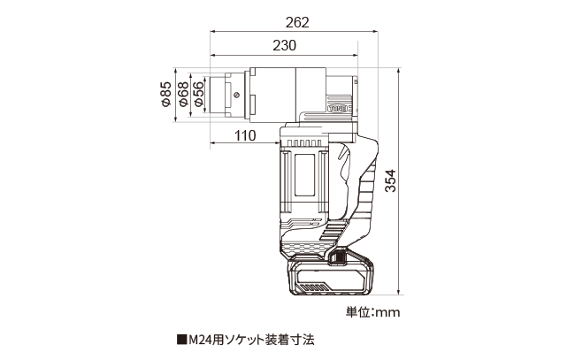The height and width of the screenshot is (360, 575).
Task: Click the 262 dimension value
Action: [297, 23]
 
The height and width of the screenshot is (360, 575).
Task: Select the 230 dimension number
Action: [285, 45]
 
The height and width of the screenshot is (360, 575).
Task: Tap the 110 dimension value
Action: [245, 135]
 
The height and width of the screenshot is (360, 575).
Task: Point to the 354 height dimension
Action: [391, 180]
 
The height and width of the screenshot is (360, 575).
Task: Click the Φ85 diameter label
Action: [166, 95]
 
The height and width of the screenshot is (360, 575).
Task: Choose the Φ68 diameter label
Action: [182, 95]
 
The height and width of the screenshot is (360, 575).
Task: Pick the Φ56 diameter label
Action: [198, 95]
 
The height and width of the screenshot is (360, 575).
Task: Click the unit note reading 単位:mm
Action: [373, 312]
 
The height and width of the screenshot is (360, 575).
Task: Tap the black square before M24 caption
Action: [181, 340]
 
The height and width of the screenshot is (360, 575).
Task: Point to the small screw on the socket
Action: [236, 95]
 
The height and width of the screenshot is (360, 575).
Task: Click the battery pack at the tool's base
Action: [330, 276]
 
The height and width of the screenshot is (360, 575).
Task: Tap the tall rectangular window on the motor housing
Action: [304, 175]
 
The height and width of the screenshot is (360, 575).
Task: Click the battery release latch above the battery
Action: [338, 257]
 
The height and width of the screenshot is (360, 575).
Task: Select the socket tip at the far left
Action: [218, 95]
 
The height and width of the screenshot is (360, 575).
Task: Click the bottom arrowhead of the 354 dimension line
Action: [399, 291]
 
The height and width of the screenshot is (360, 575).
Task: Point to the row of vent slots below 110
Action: [305, 143]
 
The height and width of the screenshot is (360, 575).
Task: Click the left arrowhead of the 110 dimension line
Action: [213, 142]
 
